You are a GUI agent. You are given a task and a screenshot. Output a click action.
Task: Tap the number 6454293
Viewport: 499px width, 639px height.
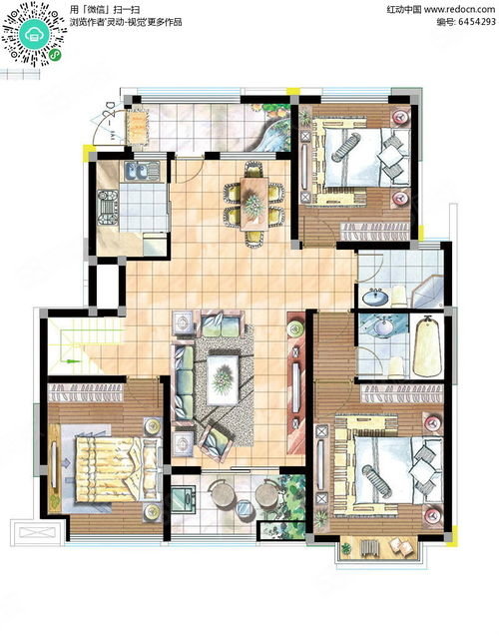coord(477,22)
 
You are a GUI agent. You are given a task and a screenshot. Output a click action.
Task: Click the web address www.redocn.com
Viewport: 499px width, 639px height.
coord(459,9)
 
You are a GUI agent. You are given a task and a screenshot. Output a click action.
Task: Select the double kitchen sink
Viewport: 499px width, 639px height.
coord(142,171)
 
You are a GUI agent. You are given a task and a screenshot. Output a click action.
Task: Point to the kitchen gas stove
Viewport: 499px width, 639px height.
coord(107,208)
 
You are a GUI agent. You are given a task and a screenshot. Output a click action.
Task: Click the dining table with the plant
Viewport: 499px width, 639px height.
coord(253,204)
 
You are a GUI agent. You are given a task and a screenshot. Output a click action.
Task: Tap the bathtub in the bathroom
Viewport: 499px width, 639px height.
coord(428,347)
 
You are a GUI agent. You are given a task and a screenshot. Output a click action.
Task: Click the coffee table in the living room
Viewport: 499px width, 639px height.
coord(223,379)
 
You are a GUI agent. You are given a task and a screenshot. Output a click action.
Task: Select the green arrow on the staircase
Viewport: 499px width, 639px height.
coord(71,360)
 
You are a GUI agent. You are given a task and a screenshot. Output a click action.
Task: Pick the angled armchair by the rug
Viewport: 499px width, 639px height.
coord(216,443)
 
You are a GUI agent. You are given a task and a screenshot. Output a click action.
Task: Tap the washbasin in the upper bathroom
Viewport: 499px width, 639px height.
coord(375,298)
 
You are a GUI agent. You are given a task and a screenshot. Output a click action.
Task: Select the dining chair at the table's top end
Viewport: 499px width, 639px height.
coord(253,169)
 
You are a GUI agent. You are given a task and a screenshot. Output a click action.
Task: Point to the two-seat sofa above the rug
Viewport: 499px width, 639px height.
coord(221,323)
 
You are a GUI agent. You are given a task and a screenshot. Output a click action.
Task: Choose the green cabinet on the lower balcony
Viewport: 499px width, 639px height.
coord(184,499)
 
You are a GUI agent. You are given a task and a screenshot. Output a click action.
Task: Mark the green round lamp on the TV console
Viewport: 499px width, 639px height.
coord(295,328)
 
